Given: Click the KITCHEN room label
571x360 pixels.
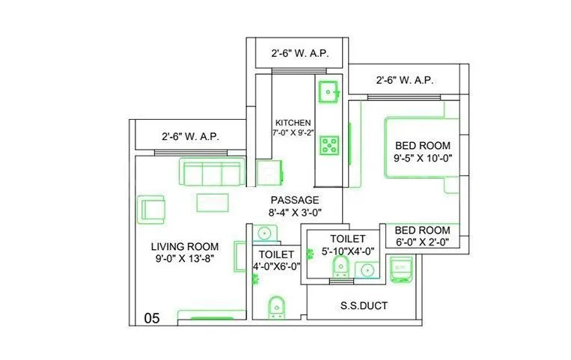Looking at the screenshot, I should [x=293, y=123].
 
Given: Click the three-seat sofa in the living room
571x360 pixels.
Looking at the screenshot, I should [x=210, y=173].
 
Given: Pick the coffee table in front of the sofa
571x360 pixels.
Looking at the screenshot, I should [x=213, y=202].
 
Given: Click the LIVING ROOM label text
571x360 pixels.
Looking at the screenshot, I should [x=184, y=246].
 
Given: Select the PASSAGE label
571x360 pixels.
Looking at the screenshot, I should [x=295, y=200].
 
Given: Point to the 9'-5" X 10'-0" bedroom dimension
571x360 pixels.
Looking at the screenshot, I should [x=422, y=159].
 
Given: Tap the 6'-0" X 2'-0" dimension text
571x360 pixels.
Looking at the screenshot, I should [x=422, y=242].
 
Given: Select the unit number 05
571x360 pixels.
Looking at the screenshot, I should [x=152, y=318].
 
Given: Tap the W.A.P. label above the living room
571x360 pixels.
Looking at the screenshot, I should [x=189, y=137].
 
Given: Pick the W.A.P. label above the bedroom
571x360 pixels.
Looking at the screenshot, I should [x=405, y=79].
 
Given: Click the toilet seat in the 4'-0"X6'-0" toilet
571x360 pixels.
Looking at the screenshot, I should [x=275, y=306].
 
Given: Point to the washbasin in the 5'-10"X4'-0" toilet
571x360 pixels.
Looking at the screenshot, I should [x=366, y=270].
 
